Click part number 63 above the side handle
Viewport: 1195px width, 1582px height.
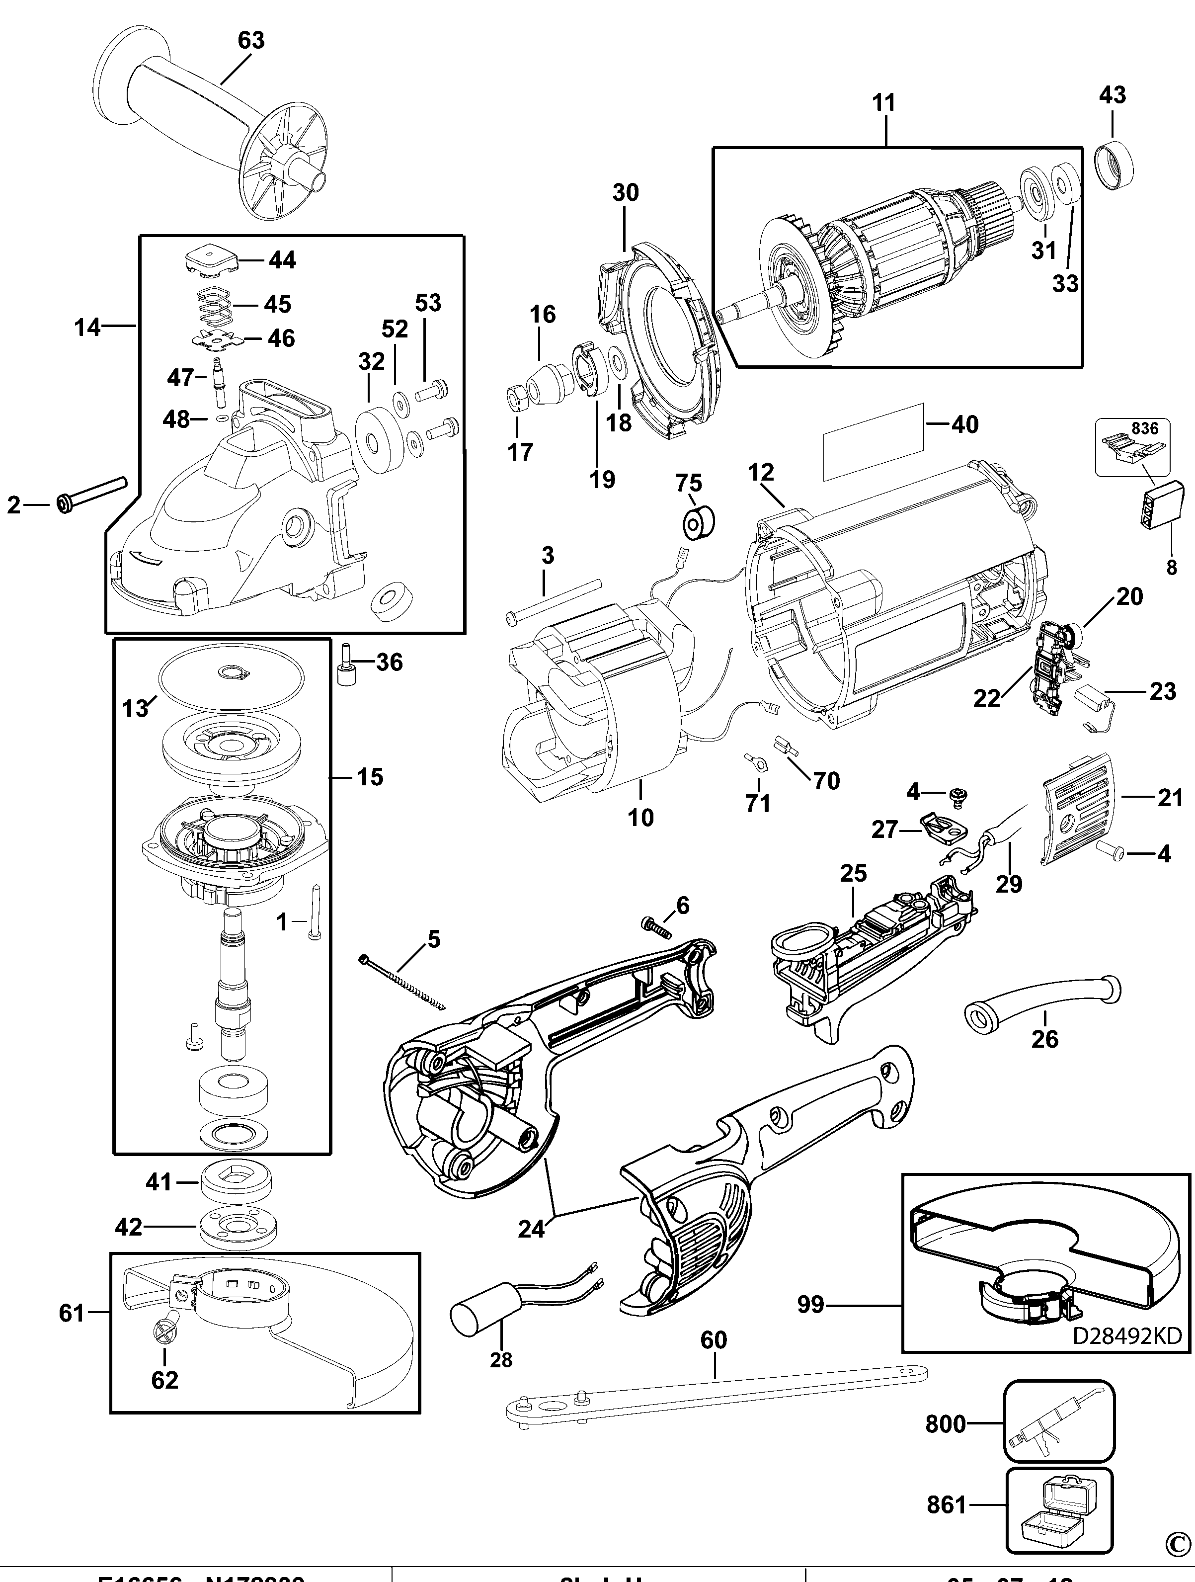point(250,41)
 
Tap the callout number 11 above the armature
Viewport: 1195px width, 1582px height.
point(884,103)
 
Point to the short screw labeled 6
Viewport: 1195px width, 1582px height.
point(656,928)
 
